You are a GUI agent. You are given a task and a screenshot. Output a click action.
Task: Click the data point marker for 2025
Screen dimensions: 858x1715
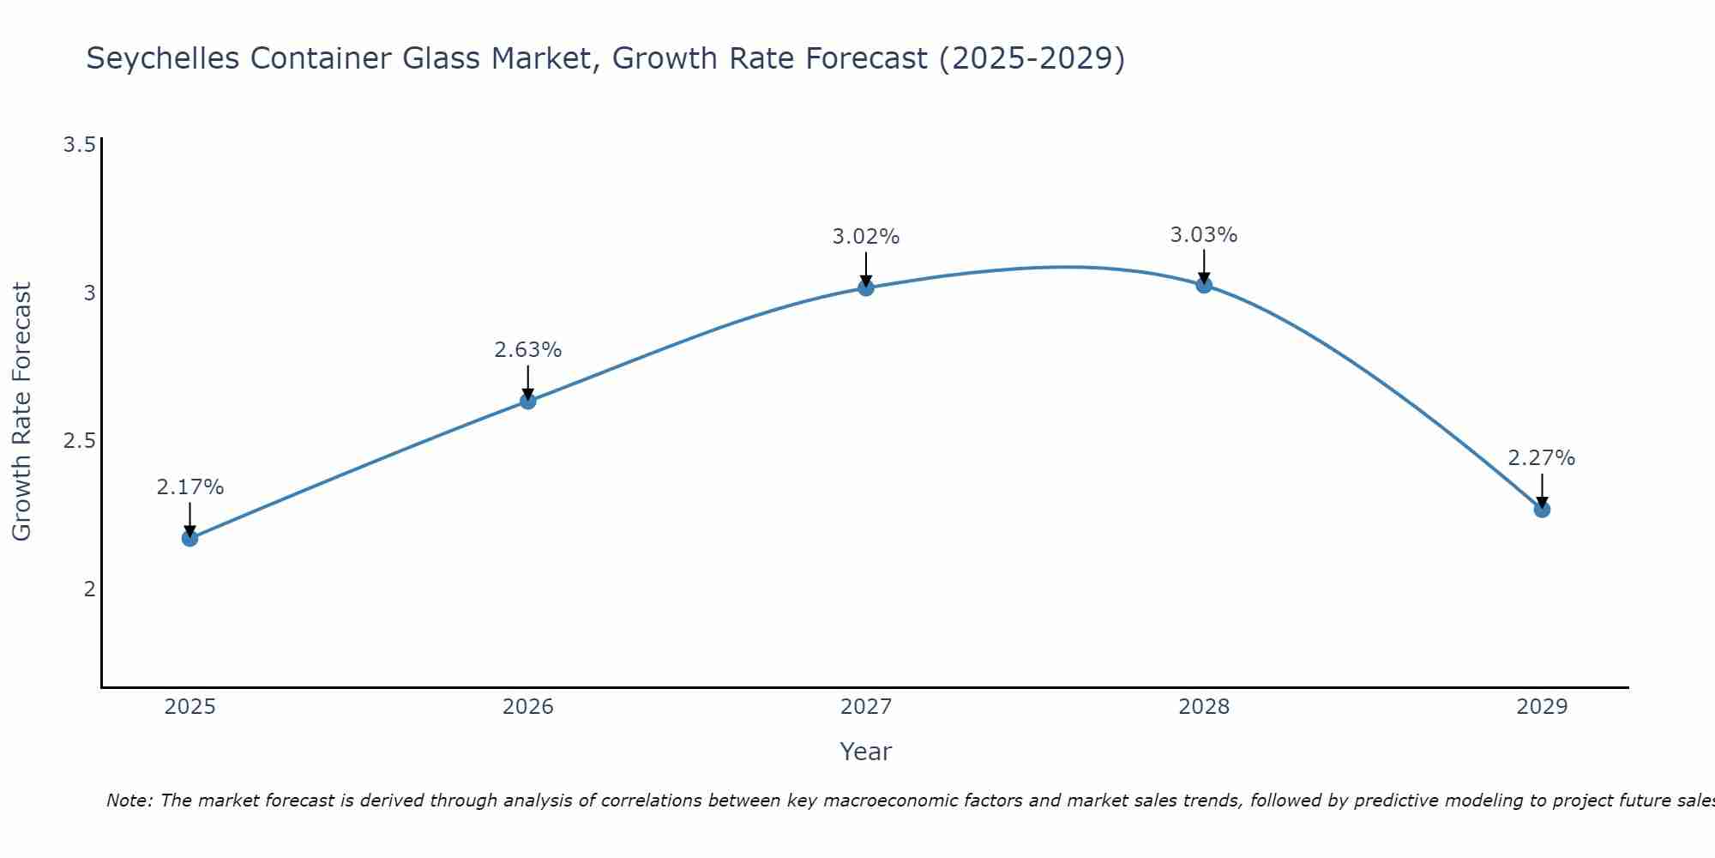click(190, 538)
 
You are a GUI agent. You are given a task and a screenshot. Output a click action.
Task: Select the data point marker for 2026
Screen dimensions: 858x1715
click(527, 401)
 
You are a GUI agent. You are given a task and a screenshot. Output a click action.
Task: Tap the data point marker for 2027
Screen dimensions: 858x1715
click(865, 287)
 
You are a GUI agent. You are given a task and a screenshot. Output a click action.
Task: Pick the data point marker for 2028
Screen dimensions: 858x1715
click(1203, 285)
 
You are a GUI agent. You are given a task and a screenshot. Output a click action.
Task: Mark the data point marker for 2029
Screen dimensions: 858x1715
click(1541, 510)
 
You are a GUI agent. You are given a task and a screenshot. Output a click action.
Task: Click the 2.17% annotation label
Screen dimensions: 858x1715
click(190, 487)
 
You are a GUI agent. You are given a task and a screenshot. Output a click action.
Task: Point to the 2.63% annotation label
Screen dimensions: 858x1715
click(527, 350)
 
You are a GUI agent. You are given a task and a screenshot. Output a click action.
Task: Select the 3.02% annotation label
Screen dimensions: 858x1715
click(865, 237)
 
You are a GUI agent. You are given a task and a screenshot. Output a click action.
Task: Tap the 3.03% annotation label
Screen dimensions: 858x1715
click(1203, 235)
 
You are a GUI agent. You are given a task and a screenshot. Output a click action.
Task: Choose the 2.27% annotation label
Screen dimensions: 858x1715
click(1541, 458)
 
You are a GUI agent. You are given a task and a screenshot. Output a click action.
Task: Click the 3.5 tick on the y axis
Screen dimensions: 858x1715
click(79, 145)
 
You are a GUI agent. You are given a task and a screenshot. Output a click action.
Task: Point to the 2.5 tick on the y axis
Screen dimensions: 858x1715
click(79, 441)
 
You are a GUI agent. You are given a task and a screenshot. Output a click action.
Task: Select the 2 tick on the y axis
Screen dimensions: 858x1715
click(88, 589)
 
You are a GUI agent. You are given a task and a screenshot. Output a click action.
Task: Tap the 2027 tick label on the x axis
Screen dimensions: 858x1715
click(865, 707)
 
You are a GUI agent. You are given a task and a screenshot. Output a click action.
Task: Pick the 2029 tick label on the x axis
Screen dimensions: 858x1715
click(1541, 707)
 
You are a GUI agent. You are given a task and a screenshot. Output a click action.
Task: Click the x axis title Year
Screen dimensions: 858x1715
click(865, 752)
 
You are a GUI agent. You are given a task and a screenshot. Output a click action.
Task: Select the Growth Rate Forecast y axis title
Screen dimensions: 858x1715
click(22, 412)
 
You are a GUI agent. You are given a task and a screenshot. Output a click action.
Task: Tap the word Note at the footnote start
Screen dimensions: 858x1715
click(129, 801)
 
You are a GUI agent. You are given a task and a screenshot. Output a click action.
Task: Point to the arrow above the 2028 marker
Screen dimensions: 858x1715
click(1203, 265)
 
